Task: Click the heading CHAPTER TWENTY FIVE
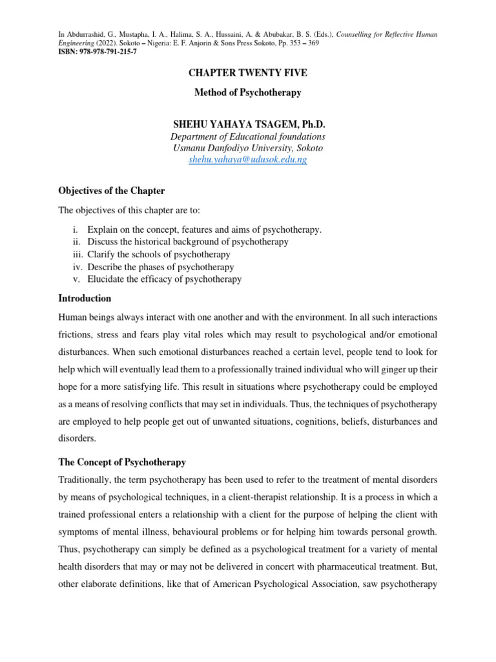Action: pyautogui.click(x=248, y=73)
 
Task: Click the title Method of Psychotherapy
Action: pyautogui.click(x=248, y=92)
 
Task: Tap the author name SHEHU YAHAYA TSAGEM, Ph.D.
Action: pyautogui.click(x=248, y=123)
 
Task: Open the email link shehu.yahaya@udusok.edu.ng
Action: pyautogui.click(x=248, y=160)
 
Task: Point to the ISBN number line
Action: pyautogui.click(x=97, y=52)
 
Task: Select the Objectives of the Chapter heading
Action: pyautogui.click(x=111, y=191)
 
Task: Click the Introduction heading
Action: pyautogui.click(x=85, y=299)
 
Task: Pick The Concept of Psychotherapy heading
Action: pyautogui.click(x=122, y=462)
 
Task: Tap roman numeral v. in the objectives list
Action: pyautogui.click(x=77, y=279)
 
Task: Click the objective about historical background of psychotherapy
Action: pyautogui.click(x=188, y=242)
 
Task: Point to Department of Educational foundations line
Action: pyautogui.click(x=248, y=136)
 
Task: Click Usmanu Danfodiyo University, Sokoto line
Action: pyautogui.click(x=248, y=148)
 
